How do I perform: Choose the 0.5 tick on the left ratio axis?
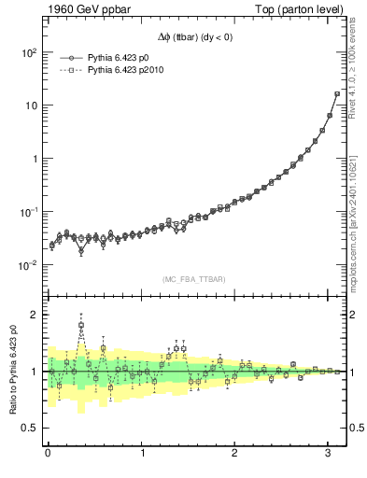point(28,429)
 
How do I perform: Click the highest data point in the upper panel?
point(336,93)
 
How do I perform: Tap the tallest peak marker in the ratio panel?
point(81,326)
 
